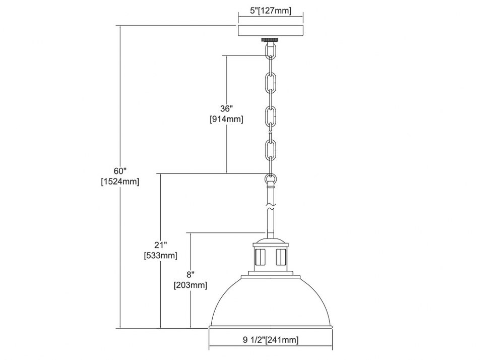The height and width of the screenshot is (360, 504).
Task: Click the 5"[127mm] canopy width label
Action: point(270,11)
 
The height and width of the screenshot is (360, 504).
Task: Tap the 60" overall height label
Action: point(120,171)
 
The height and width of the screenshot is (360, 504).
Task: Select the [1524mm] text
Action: point(120,182)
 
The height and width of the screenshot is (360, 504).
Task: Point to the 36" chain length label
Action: point(226,108)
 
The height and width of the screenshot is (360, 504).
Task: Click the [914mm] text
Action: point(226,119)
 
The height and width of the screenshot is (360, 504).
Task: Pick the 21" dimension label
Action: point(160,245)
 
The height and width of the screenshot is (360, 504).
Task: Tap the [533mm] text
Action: point(160,256)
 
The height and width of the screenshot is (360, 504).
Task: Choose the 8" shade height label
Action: point(191,274)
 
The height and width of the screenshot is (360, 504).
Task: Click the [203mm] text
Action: point(191,285)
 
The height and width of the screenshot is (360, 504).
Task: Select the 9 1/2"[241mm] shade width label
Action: point(271,340)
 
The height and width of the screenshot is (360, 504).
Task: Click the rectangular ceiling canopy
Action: point(270,31)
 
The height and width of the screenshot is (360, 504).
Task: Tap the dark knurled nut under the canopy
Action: point(270,39)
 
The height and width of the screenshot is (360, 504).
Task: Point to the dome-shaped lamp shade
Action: point(271,300)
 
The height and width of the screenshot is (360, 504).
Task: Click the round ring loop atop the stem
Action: point(270,178)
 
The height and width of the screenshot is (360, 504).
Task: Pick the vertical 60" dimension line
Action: point(120,177)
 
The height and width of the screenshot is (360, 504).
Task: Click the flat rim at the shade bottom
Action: point(271,327)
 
